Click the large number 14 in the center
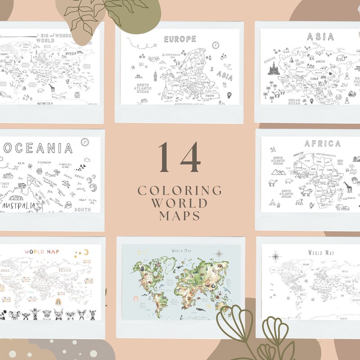tap(180, 157)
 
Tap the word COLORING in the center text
tap(180, 190)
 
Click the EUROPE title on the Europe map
tap(180, 39)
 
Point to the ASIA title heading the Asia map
tap(320, 37)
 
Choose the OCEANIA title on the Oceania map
tap(38, 148)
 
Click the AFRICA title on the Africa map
tap(322, 144)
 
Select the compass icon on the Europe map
tap(216, 45)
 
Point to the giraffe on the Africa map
tap(347, 187)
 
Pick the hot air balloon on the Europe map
tap(229, 95)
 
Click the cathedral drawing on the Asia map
tap(274, 68)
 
